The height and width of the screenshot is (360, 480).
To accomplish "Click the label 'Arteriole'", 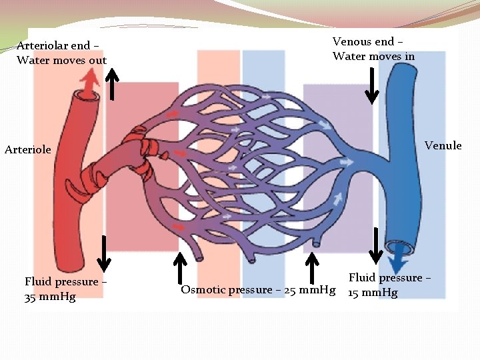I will (x=27, y=149).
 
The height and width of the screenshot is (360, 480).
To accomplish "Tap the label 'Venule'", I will (x=443, y=145).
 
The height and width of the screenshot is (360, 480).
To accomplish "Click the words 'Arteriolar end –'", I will (x=59, y=46).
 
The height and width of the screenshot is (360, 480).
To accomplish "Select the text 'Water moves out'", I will (x=62, y=61).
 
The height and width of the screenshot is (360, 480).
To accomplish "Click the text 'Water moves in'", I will (x=373, y=56).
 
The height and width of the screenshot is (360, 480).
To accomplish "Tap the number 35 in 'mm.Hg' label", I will (x=31, y=297).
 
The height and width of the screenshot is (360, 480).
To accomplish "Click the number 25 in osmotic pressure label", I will (x=291, y=290).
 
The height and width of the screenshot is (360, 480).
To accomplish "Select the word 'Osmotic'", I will (x=203, y=290).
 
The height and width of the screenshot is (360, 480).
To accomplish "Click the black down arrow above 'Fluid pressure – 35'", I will (x=103, y=249).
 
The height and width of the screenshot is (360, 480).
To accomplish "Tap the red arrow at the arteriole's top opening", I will (x=86, y=84).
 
